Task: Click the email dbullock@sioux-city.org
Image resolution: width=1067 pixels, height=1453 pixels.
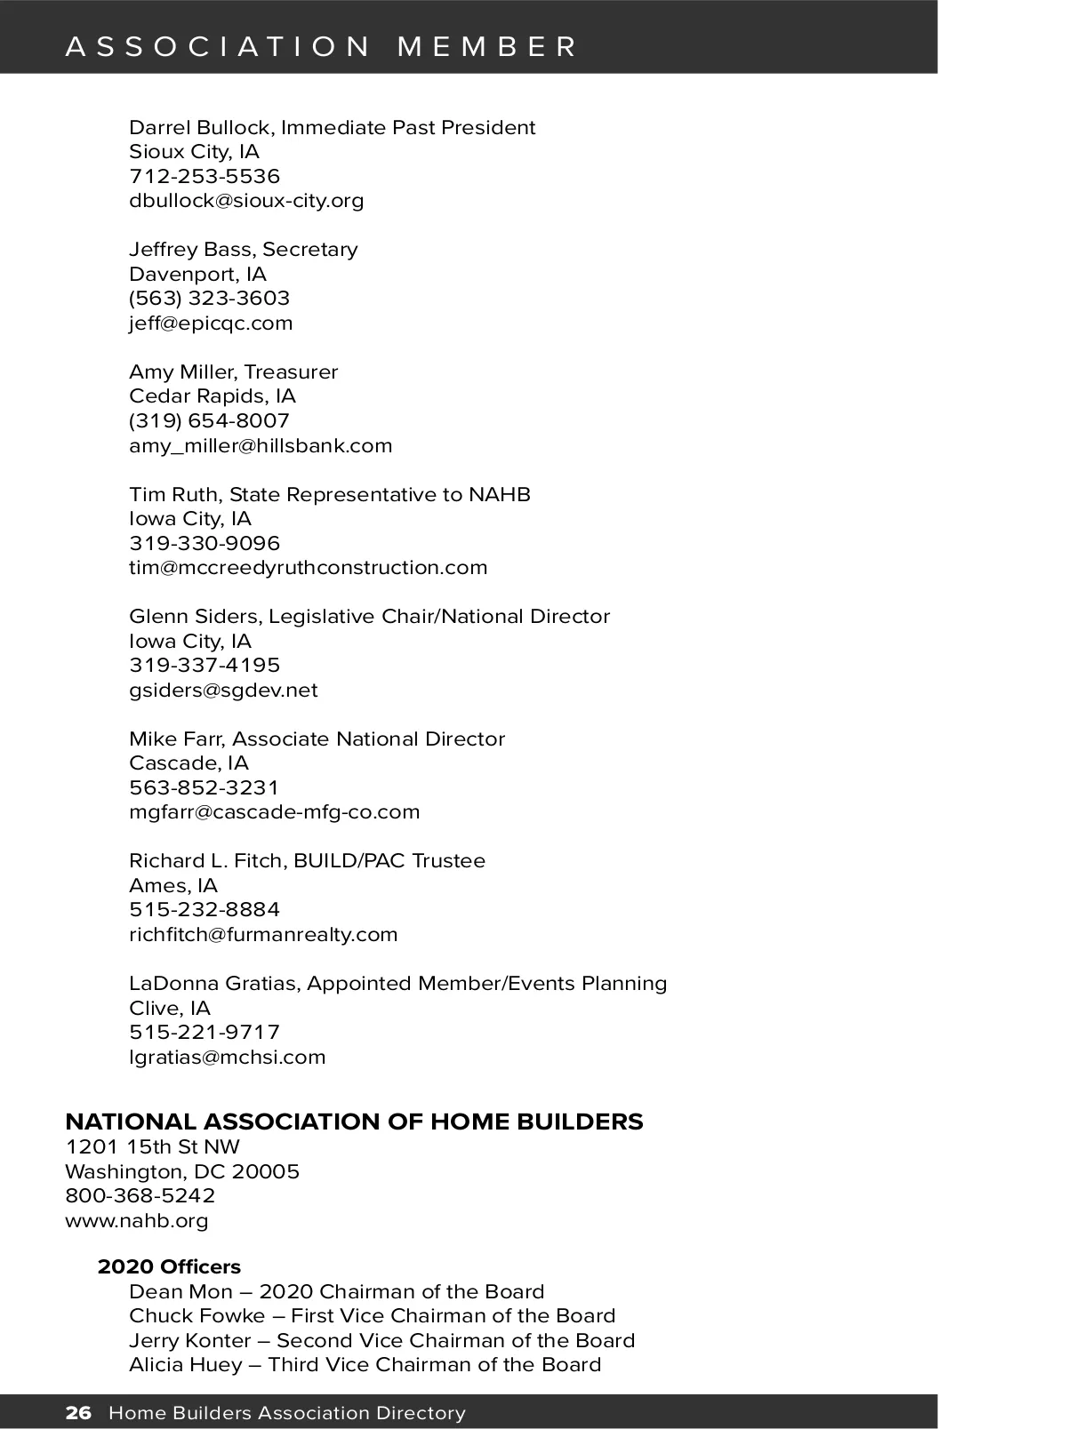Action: [246, 201]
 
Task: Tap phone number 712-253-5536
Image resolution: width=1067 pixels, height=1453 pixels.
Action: [205, 176]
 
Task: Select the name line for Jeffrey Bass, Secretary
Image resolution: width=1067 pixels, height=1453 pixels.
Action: [243, 250]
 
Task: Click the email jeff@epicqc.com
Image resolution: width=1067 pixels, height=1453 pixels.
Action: [211, 323]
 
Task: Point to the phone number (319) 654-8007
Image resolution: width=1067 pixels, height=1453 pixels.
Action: [209, 420]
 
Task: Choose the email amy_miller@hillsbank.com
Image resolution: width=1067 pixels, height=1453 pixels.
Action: [261, 446]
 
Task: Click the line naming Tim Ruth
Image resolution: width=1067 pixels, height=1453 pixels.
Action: [329, 495]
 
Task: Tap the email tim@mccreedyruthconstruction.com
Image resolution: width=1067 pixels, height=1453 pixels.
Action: [308, 568]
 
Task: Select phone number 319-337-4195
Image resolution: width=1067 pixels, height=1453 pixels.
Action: [205, 666]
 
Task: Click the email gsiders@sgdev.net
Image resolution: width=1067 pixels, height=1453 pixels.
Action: [223, 691]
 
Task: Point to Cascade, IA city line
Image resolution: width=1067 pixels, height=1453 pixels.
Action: [189, 763]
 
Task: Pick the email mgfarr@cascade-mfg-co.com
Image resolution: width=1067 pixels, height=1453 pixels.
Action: [274, 812]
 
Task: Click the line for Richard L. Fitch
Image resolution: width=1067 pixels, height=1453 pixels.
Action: [307, 861]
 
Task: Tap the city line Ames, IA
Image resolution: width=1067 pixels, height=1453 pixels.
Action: [172, 886]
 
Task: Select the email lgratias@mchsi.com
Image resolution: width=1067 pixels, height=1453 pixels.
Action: [227, 1058]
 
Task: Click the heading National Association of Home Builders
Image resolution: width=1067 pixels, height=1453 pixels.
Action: [354, 1122]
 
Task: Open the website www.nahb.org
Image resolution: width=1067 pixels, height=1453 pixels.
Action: [137, 1221]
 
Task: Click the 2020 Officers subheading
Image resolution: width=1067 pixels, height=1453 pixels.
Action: [169, 1267]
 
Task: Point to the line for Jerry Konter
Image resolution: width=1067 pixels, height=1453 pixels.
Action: [381, 1341]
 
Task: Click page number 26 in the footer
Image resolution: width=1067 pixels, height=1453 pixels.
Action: [78, 1413]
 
